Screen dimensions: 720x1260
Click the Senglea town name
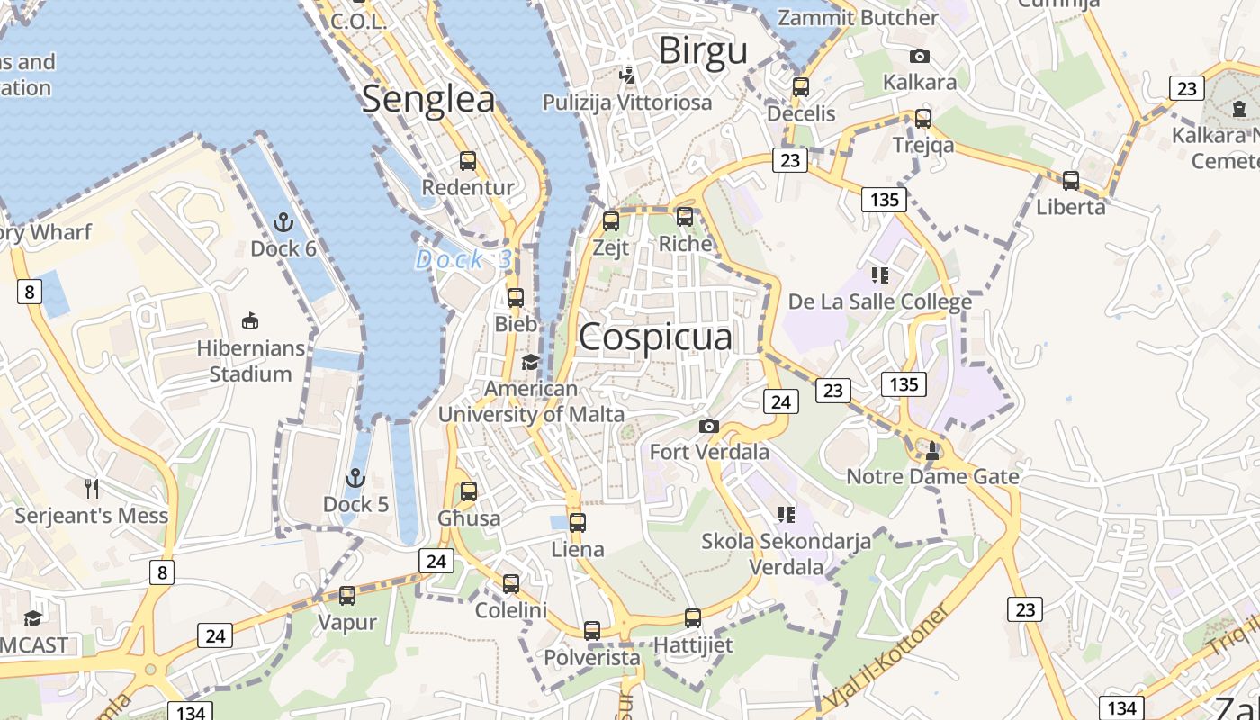(x=428, y=99)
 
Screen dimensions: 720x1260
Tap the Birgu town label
(x=703, y=51)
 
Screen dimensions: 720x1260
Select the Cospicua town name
(x=655, y=337)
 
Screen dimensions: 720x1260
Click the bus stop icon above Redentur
(x=468, y=161)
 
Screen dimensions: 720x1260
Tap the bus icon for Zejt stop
(x=611, y=220)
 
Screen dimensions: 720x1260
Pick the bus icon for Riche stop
(x=685, y=217)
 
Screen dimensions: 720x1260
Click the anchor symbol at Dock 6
(x=283, y=221)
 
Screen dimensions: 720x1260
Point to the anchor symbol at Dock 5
(x=355, y=477)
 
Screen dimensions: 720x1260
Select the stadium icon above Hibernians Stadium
(x=250, y=320)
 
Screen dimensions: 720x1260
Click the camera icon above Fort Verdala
(x=709, y=426)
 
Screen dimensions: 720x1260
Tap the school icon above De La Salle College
(x=879, y=274)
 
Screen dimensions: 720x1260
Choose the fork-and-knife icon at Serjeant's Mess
(x=91, y=489)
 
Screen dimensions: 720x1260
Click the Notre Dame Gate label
(x=932, y=476)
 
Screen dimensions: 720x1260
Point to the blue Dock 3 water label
(x=463, y=260)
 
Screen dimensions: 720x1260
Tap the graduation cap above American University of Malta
(x=530, y=362)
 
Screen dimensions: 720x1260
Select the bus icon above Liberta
(x=1071, y=180)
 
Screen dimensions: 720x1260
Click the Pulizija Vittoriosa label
(x=626, y=103)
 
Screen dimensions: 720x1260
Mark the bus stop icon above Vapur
(x=347, y=595)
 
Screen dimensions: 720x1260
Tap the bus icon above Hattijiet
(x=693, y=618)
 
